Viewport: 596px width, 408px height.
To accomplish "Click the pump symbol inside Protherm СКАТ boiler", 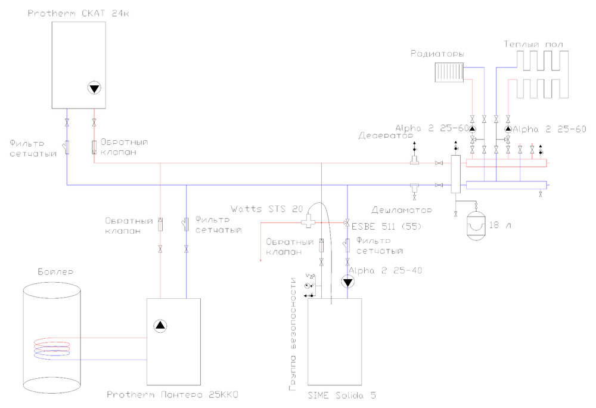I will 94,88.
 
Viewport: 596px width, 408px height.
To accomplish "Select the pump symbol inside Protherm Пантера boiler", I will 160,326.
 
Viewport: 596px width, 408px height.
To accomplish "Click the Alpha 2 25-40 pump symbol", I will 347,282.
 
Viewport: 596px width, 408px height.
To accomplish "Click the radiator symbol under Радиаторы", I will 448,72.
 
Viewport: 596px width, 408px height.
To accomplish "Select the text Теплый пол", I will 533,44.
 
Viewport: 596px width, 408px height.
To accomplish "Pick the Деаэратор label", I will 381,135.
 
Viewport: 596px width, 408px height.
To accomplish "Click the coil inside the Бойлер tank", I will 52,348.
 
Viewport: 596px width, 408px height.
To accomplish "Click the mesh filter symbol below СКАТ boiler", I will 67,146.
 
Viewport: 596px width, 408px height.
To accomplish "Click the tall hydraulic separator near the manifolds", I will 455,174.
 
